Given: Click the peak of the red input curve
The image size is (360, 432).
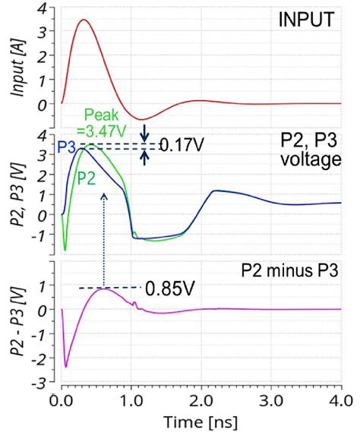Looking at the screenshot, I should tap(84, 20).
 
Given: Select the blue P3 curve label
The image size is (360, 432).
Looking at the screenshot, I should tap(67, 146).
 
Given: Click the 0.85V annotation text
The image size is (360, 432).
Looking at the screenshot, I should tap(169, 289).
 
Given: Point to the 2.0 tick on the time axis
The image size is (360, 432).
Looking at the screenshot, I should tap(201, 396).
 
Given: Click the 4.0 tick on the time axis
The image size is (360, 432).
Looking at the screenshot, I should tap(340, 396).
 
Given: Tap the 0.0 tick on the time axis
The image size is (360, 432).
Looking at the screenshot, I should tap(61, 396).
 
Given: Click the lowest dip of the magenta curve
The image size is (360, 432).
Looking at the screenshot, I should tap(66, 367).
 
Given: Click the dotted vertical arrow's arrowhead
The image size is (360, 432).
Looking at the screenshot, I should tap(103, 195).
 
